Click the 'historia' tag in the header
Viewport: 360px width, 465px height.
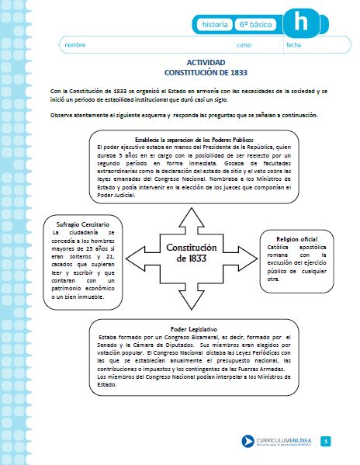tap(214, 25)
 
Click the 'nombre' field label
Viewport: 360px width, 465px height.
tap(75, 46)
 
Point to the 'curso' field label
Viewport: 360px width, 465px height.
tap(244, 46)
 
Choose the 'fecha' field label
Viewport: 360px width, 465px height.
tap(293, 46)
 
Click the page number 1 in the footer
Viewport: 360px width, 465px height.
tap(327, 442)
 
